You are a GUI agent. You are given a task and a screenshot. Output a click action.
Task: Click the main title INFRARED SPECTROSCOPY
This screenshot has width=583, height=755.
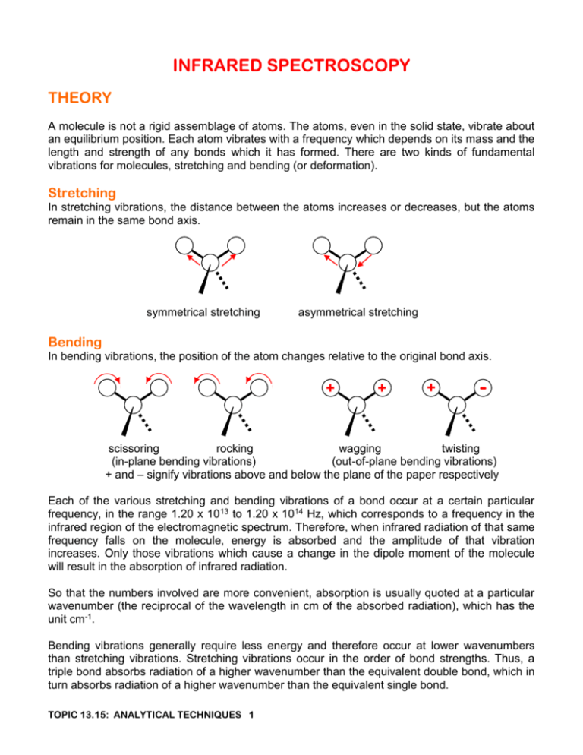click(291, 66)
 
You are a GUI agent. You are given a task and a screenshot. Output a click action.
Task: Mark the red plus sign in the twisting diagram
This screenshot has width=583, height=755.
click(430, 387)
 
